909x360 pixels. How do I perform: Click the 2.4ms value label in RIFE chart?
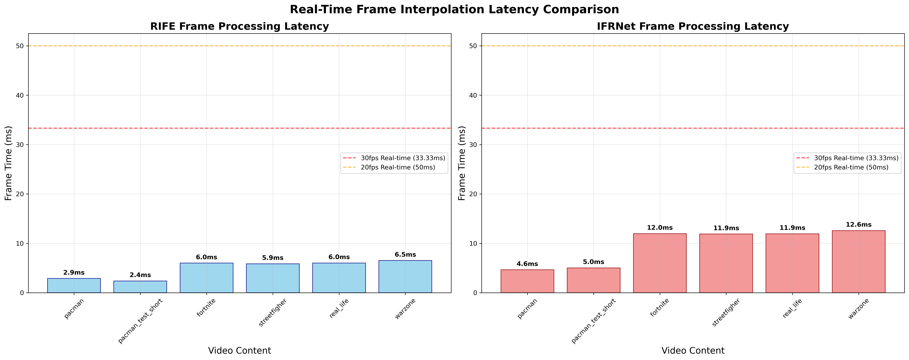(x=140, y=275)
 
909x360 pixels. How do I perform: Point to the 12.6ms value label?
(x=859, y=225)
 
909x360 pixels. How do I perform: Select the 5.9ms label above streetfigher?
(x=273, y=258)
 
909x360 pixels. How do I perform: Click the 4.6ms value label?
(x=527, y=264)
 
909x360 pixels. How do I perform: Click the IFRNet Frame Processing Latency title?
(x=693, y=26)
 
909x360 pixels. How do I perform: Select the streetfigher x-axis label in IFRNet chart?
(x=725, y=312)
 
